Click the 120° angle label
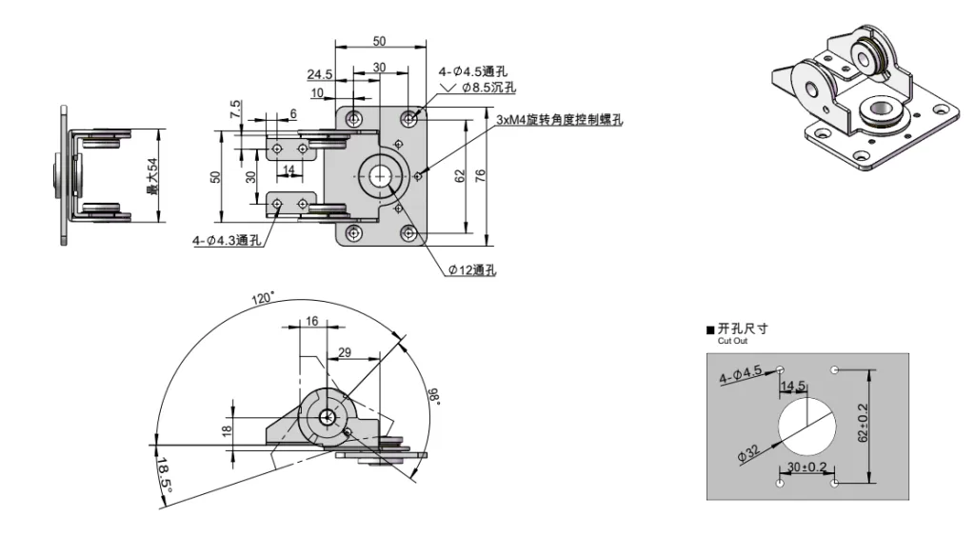[263, 298]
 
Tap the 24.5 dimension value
[319, 74]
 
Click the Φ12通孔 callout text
[472, 270]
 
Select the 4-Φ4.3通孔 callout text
[227, 241]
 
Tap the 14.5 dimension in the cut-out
[793, 387]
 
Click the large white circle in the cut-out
[807, 424]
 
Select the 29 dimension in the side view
[344, 353]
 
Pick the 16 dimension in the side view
[312, 323]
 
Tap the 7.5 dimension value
[235, 109]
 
